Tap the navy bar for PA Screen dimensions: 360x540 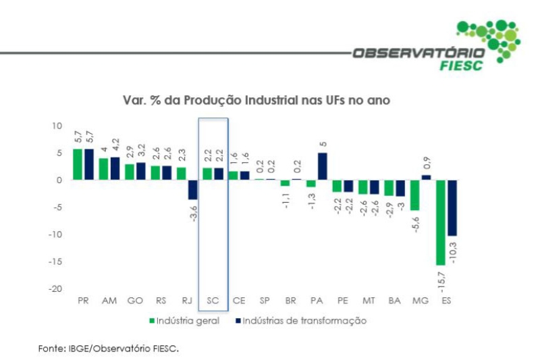point(322,166)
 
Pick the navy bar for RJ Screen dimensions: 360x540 point(192,190)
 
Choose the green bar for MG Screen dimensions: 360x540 point(415,195)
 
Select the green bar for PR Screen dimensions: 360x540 point(78,164)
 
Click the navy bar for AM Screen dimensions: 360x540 point(114,168)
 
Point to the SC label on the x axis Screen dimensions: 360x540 point(213,301)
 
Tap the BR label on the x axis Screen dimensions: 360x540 point(290,301)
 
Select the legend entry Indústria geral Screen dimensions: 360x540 point(184,321)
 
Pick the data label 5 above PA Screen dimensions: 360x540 point(323,144)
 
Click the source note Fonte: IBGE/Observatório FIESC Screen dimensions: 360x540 point(108,349)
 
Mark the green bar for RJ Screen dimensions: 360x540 point(182,174)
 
